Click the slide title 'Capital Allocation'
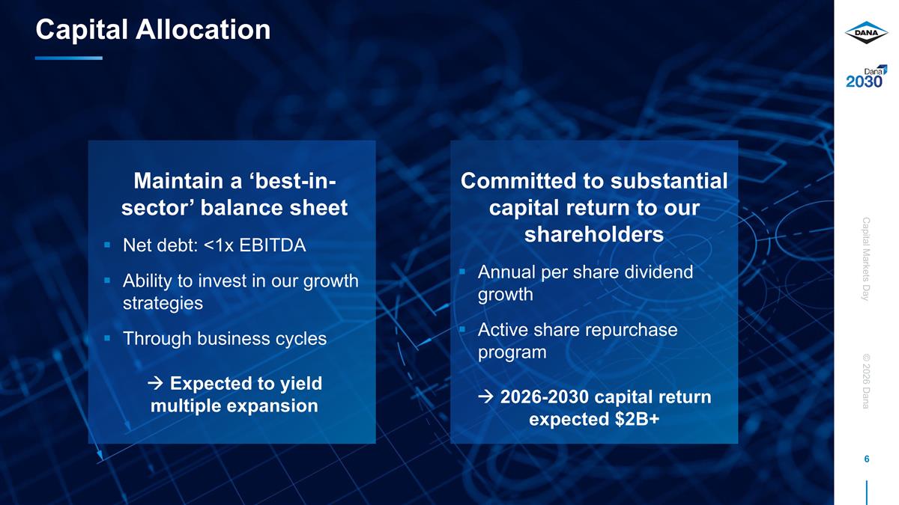pyautogui.click(x=153, y=30)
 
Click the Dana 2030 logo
pyautogui.click(x=866, y=76)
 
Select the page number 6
pyautogui.click(x=866, y=460)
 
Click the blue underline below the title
pyautogui.click(x=69, y=58)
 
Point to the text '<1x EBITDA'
pyautogui.click(x=260, y=246)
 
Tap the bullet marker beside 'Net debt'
pyautogui.click(x=108, y=245)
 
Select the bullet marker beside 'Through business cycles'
pyautogui.click(x=108, y=338)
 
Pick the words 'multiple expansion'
pyautogui.click(x=234, y=406)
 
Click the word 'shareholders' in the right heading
pyautogui.click(x=593, y=234)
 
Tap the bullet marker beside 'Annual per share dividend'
pyautogui.click(x=462, y=272)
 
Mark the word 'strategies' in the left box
pyautogui.click(x=163, y=304)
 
